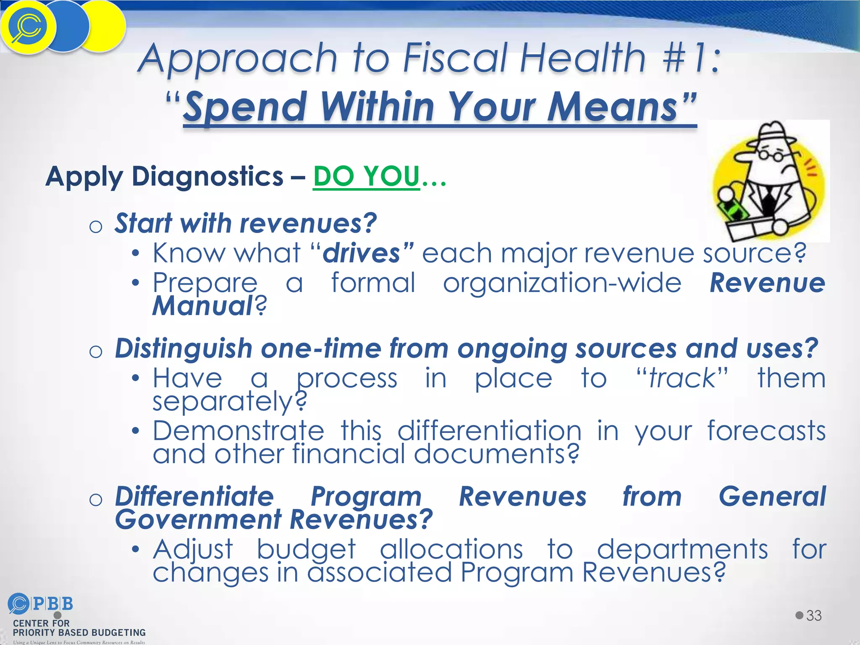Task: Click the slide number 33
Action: click(814, 616)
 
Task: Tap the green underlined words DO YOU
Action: click(366, 176)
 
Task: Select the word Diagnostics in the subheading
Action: click(207, 176)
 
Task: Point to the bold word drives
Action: click(362, 253)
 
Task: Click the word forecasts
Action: click(766, 431)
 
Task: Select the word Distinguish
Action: click(184, 349)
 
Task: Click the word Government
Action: click(198, 519)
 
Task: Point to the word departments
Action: click(682, 549)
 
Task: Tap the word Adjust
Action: click(193, 549)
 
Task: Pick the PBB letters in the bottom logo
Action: click(53, 604)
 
